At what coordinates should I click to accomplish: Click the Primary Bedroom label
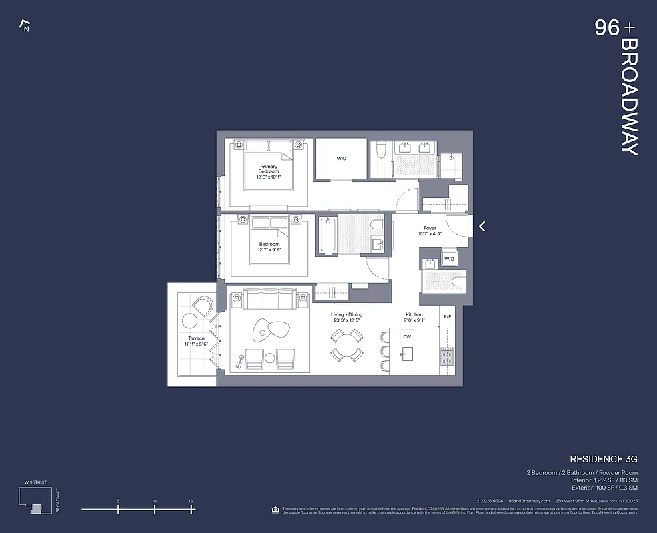[269, 169]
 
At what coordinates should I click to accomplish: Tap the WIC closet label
[342, 158]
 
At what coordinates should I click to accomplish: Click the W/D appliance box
[449, 259]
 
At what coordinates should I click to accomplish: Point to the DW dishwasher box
[407, 338]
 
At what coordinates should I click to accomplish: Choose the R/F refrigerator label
[447, 316]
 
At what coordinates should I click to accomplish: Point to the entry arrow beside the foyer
[482, 227]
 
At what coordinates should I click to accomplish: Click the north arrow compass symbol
[25, 27]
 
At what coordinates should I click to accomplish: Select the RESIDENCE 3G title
[604, 459]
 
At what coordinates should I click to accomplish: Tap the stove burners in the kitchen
[446, 360]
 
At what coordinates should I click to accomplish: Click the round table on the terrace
[190, 321]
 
